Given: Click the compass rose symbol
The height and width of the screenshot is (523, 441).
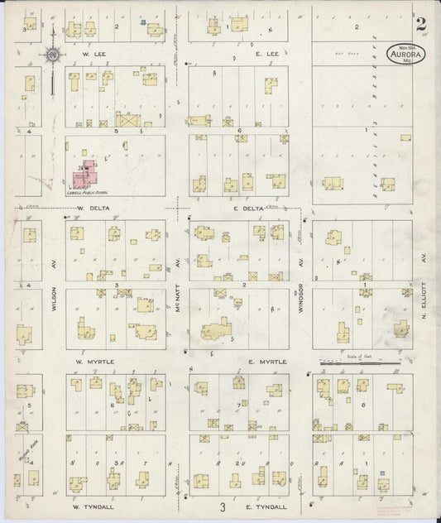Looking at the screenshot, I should point(53,55).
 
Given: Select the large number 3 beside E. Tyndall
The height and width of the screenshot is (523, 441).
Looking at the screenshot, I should point(222,506).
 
